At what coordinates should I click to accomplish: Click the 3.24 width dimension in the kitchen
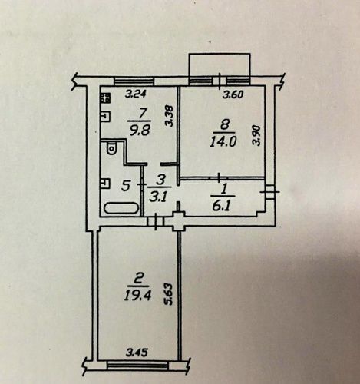tap(136, 94)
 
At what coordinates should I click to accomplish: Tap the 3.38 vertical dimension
tap(170, 117)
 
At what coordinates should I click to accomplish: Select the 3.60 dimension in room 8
tap(233, 95)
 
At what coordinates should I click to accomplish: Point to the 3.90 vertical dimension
tap(256, 135)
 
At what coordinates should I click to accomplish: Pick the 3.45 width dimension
tap(137, 353)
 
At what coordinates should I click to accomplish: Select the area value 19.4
tap(137, 296)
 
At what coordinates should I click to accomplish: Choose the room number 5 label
tap(125, 186)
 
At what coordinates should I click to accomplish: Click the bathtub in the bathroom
tap(121, 207)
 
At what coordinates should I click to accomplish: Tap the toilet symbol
tap(111, 148)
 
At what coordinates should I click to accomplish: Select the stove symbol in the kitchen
tap(105, 98)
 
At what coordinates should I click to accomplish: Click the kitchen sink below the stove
tap(105, 117)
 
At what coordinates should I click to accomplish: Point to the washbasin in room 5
tap(105, 184)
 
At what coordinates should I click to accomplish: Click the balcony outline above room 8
tap(220, 65)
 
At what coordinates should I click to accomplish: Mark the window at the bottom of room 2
tap(138, 365)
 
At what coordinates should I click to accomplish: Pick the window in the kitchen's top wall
tap(134, 81)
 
